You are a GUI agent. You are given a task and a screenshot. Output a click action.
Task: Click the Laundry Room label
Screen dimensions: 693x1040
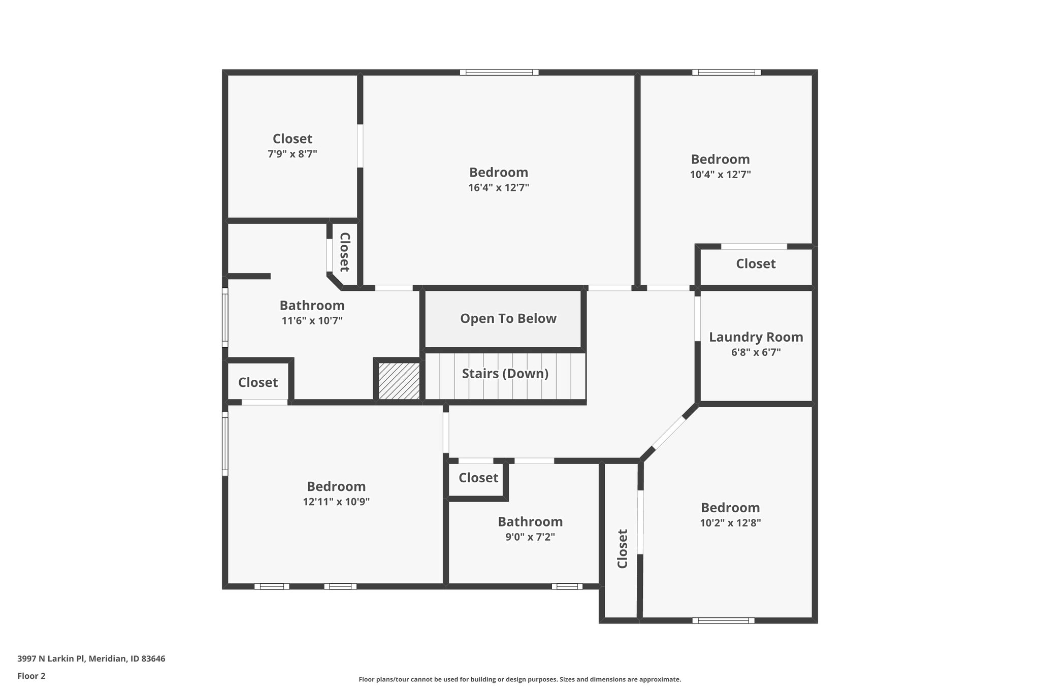coord(756,337)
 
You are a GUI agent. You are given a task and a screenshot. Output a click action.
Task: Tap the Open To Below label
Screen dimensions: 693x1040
coord(508,318)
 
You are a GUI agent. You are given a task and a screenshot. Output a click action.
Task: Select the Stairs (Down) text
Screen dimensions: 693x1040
coord(505,374)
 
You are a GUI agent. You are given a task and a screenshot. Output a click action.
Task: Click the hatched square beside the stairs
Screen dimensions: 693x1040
coord(399,381)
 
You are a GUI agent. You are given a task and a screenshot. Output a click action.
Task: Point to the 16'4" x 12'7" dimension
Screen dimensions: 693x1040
coord(498,188)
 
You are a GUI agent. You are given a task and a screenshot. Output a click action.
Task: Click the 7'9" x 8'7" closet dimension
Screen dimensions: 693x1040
coord(292,154)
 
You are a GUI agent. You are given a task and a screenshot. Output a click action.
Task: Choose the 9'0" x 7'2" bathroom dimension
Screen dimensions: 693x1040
coord(530,537)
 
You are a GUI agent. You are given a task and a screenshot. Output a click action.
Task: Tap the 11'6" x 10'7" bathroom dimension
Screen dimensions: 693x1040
coord(312,321)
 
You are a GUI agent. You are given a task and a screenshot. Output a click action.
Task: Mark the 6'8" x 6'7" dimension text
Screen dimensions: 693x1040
coord(756,352)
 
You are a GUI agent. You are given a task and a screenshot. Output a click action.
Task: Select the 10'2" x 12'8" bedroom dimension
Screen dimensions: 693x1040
coord(730,523)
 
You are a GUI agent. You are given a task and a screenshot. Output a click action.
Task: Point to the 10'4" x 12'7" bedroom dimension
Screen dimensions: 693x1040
coord(720,175)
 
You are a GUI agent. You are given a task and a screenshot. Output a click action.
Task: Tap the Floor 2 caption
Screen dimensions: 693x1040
coord(31,676)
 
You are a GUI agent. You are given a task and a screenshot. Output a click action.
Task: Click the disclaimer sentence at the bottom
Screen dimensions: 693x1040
coord(519,679)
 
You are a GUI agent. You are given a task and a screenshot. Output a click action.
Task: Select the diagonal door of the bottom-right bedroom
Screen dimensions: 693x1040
coord(668,433)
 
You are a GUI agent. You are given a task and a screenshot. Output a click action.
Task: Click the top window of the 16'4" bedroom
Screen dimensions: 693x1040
coord(499,73)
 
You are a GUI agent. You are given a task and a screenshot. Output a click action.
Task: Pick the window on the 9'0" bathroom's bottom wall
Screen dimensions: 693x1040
coord(567,586)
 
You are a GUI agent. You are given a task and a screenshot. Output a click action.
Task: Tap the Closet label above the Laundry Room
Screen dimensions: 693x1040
coord(756,264)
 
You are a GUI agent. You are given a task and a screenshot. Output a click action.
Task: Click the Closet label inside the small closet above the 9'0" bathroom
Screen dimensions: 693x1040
coord(478,478)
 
